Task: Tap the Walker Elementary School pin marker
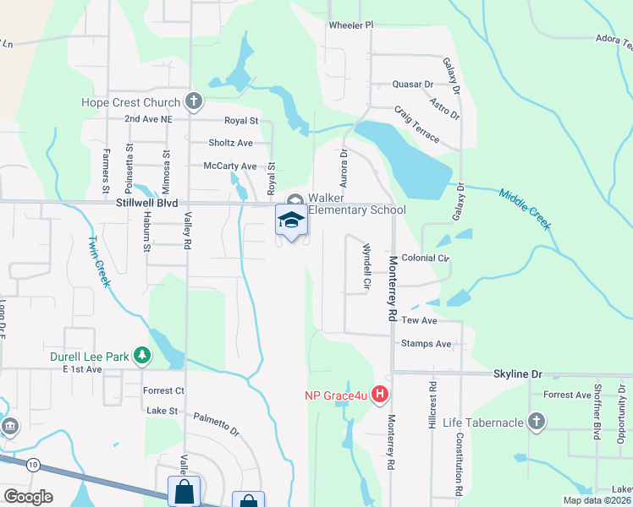coord(291,221)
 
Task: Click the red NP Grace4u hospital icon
coord(380,395)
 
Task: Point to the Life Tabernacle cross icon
coord(535,422)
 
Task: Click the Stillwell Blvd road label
coord(147,204)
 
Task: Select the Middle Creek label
coord(525,209)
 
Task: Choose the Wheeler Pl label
coord(350,25)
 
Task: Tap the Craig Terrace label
coord(416,123)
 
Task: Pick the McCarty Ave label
coord(229,166)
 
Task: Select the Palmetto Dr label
coord(217,423)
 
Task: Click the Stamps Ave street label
coord(427,344)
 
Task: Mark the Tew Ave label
coord(419,321)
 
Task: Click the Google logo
coord(28,497)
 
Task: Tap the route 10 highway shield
coord(32,464)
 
